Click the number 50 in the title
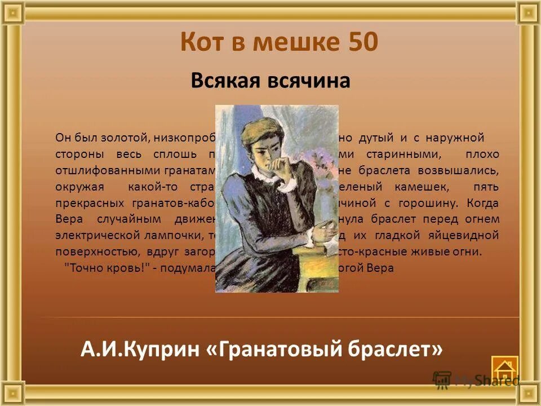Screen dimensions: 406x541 (359, 42)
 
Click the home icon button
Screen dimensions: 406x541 (504, 369)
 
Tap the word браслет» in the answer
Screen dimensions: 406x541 (394, 350)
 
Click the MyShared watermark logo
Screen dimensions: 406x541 (476, 380)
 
